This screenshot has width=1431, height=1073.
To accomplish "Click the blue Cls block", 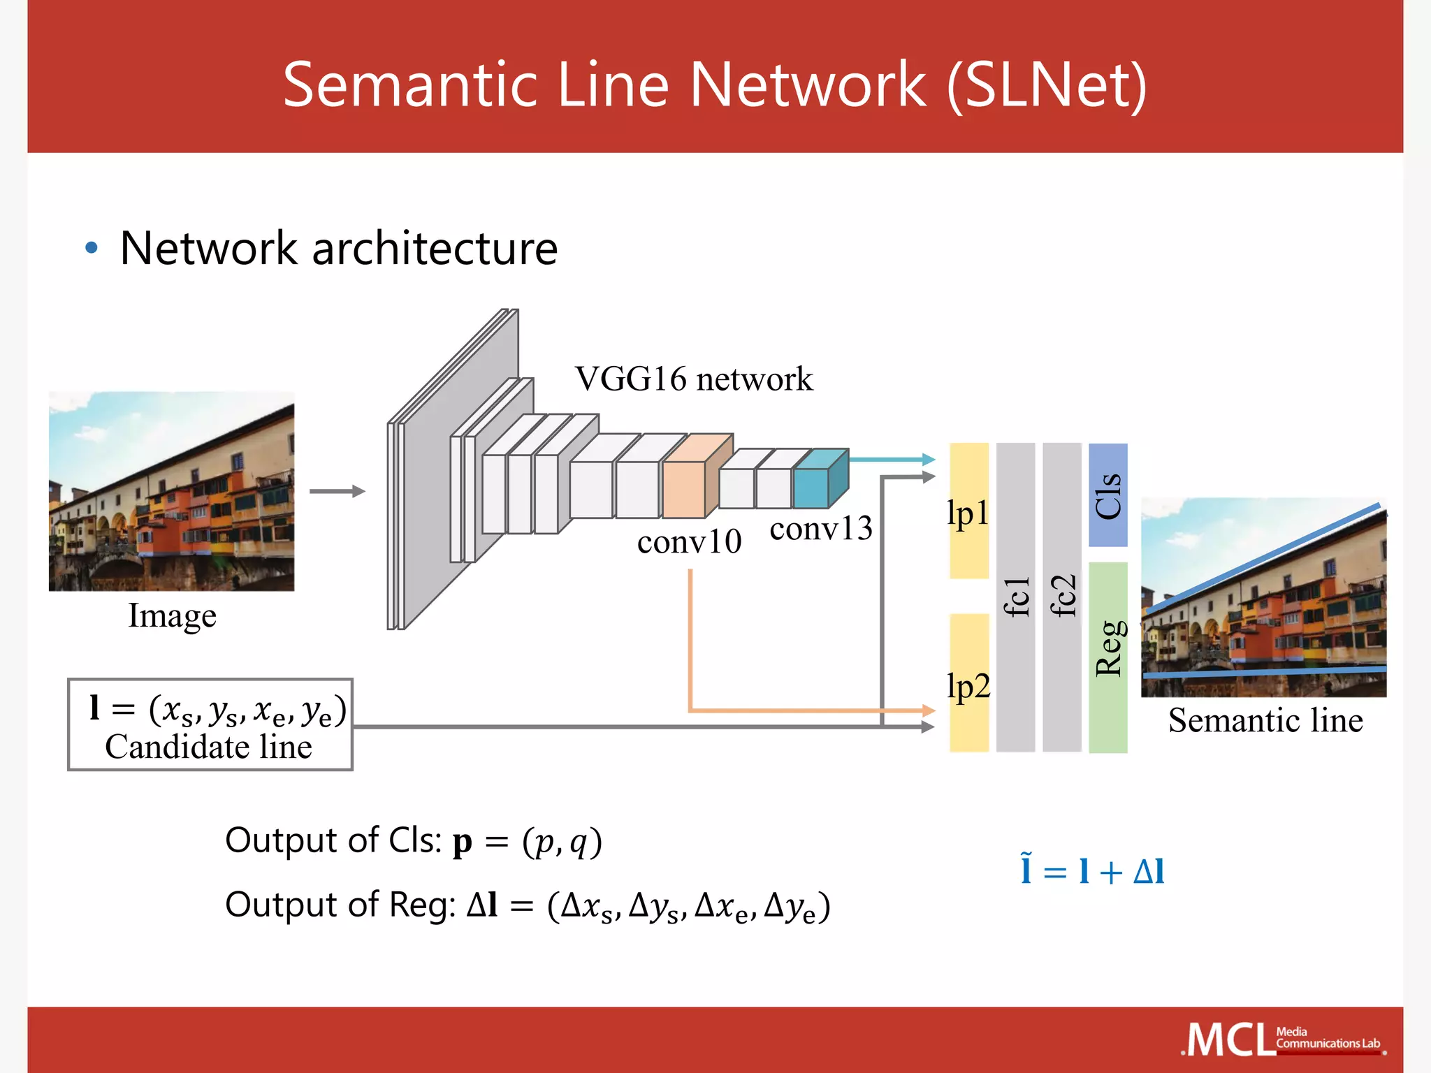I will pos(1108,495).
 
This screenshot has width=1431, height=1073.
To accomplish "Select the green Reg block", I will pos(1108,657).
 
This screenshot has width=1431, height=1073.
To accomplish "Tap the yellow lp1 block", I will pos(969,511).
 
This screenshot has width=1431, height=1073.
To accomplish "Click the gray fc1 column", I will pos(1015,597).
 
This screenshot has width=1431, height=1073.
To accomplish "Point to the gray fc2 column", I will pos(1062,597).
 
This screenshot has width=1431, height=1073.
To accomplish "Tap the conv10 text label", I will pos(689,541).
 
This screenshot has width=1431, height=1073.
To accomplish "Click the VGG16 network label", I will pos(694,379).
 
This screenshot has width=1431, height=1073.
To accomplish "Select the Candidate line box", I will pos(210,724).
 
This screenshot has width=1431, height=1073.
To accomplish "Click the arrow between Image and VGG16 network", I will pos(337,491).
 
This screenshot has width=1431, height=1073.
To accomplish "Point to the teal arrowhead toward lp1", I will pos(929,460).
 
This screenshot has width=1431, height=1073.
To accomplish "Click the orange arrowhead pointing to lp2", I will pos(929,710).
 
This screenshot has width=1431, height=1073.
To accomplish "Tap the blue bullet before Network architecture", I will pos(91,248).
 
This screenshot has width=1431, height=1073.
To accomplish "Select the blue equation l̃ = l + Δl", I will pos(1092,871).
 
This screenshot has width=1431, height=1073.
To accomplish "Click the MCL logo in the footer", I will pos(1230,1039).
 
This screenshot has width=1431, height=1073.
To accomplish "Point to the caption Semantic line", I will pos(1265,720).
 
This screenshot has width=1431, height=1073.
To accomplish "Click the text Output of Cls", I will pos(333,840).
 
